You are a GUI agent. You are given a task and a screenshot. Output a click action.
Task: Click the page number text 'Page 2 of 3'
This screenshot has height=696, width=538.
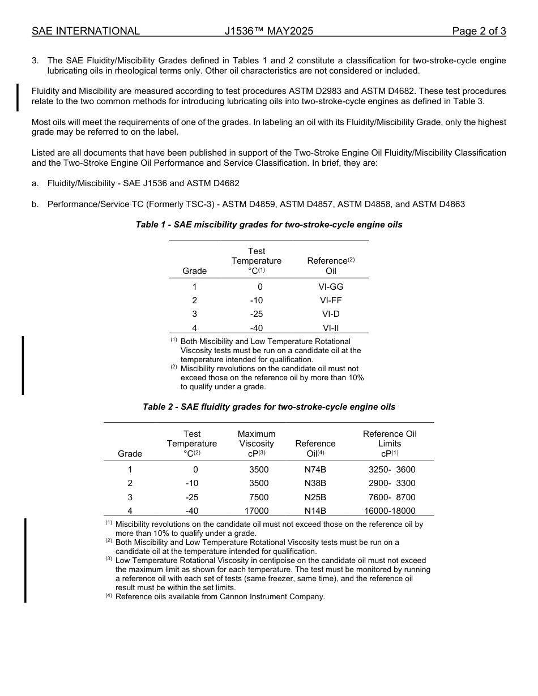[479, 31]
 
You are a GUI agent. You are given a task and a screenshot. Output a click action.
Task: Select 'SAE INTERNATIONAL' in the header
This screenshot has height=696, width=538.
[86, 31]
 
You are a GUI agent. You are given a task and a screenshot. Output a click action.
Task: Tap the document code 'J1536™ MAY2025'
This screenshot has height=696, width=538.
[268, 31]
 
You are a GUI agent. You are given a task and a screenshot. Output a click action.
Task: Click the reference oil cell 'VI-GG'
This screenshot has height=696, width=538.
[331, 287]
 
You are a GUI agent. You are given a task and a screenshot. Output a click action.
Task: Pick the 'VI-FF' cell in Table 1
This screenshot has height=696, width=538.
[331, 300]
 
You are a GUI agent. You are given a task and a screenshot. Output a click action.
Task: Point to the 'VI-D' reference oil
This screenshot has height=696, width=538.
[331, 314]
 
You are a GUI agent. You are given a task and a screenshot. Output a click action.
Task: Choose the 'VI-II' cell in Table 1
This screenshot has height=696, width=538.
[331, 328]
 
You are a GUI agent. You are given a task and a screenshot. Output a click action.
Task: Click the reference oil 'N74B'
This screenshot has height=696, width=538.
[315, 470]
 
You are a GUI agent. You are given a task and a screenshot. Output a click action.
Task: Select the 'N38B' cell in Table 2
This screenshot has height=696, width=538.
[315, 483]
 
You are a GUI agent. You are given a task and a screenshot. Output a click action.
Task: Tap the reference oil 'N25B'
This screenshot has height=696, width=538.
[315, 497]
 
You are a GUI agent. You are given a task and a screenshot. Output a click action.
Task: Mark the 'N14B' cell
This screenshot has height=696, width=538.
[315, 511]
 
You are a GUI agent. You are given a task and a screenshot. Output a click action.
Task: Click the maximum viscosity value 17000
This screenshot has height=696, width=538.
[256, 511]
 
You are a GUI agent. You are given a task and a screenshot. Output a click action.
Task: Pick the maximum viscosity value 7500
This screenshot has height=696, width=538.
[259, 497]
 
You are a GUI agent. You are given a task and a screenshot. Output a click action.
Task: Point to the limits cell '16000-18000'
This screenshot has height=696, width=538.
[390, 511]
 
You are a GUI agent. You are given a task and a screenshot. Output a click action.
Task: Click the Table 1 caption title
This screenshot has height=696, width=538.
[269, 225]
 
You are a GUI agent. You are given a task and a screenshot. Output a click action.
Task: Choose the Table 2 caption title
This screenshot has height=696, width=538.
[269, 407]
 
